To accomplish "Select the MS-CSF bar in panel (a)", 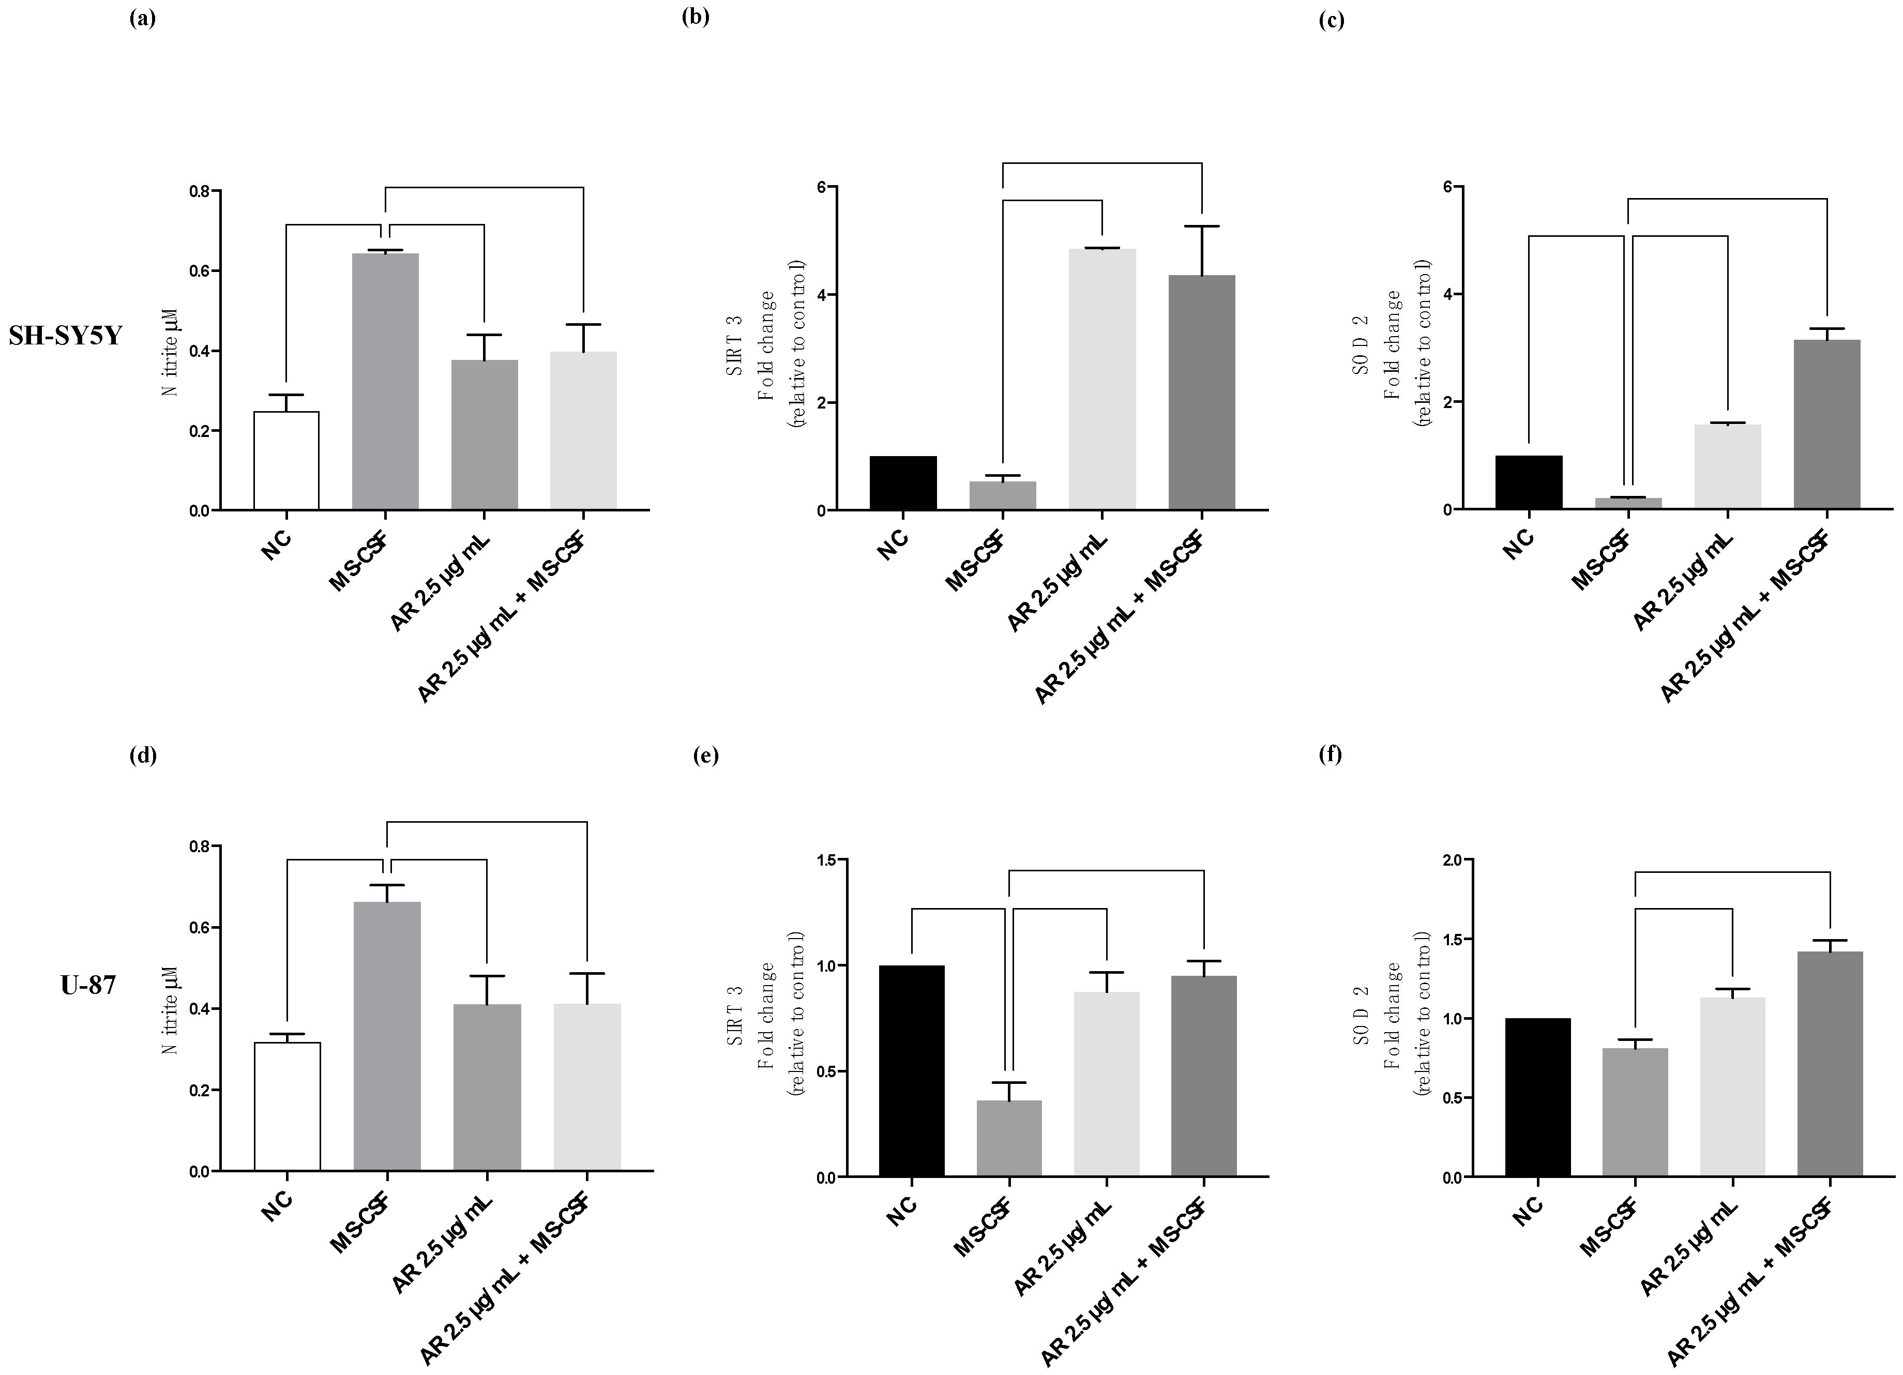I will tap(385, 382).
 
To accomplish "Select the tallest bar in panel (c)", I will tap(1826, 424).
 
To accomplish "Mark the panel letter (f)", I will tap(1331, 754).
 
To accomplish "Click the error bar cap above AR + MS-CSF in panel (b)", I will tap(1202, 226).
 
